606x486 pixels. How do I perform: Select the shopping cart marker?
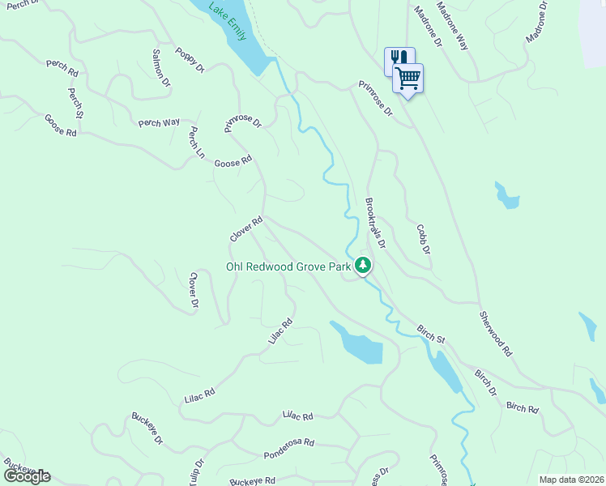coord(408,79)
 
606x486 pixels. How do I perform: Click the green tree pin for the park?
coord(364,265)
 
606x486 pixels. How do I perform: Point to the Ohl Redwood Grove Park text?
coord(288,266)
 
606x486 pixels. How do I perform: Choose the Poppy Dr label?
coord(189,65)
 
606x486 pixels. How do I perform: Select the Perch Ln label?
coord(195,143)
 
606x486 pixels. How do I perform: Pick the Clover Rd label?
coord(246,228)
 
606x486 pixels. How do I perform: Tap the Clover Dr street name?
coord(194,291)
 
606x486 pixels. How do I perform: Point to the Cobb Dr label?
coord(422,239)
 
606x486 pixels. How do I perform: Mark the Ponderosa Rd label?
coord(288,450)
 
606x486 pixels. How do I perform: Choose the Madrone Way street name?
coord(452,28)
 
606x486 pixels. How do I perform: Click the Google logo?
coord(27,475)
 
